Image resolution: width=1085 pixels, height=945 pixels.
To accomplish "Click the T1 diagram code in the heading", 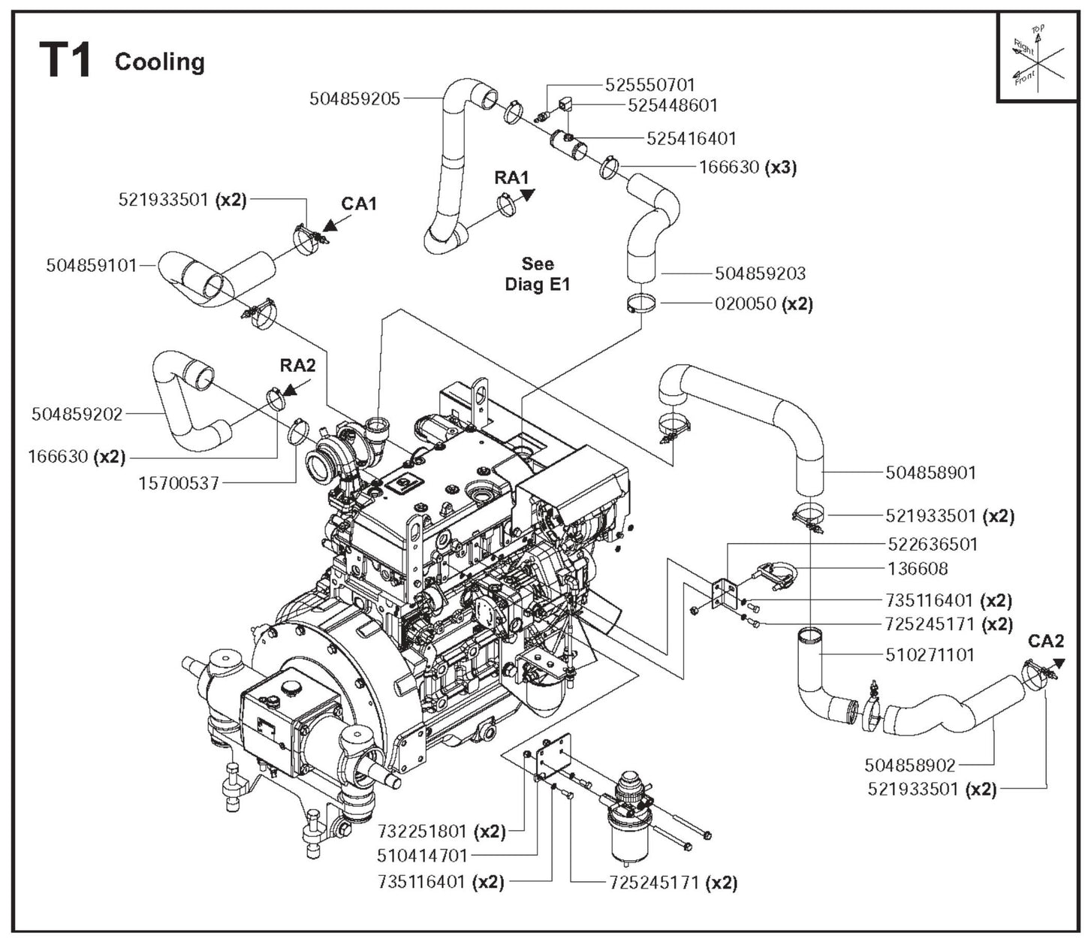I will point(65,60).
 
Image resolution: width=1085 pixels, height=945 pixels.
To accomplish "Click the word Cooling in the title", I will point(159,62).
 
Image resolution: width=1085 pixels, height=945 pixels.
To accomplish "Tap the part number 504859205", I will point(355,98).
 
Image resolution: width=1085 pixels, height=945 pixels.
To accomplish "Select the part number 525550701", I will point(650,85).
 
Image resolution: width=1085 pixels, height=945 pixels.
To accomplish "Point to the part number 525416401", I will point(692,138).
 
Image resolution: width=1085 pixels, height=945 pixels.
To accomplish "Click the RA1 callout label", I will point(511,178).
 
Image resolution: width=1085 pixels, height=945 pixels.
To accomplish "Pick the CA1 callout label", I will point(359,204).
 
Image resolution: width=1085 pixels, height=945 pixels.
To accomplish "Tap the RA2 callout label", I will point(298,366).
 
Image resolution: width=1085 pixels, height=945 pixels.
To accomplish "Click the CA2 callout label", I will point(1046,641).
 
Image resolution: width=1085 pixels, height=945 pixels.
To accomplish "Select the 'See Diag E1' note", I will point(538,274).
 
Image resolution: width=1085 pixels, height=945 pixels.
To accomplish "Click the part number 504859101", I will point(92,265).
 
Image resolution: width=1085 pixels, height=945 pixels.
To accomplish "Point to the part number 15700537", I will point(179,483).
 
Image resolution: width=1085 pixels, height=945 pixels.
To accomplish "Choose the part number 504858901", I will point(930,472).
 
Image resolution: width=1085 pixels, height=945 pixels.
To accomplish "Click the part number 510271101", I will point(930,654).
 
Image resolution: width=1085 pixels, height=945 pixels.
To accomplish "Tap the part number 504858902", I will point(909,765).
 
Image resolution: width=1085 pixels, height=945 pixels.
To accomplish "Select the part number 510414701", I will point(423,856).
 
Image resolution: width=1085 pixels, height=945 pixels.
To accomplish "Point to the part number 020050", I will point(746,304).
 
